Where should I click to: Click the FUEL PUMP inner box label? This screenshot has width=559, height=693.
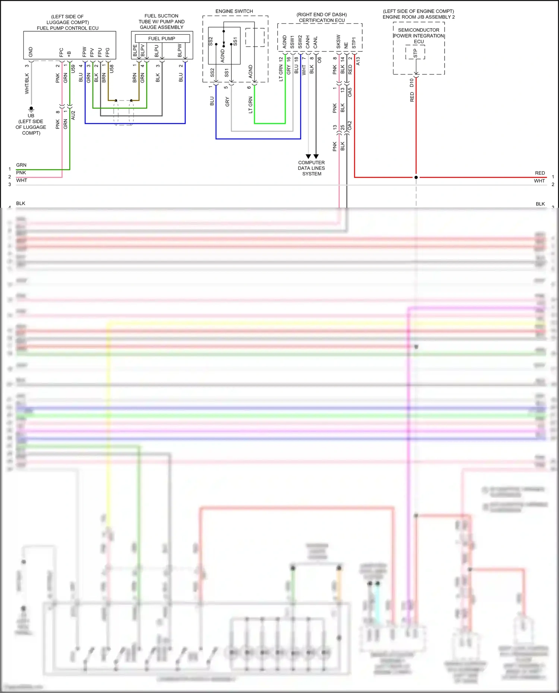pyautogui.click(x=161, y=38)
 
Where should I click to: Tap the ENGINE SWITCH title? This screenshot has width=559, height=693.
pyautogui.click(x=234, y=11)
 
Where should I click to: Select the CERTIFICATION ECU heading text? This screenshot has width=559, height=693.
pyautogui.click(x=322, y=20)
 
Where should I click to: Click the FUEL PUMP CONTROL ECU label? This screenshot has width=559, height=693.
pyautogui.click(x=67, y=28)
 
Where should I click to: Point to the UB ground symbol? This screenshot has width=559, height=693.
pyautogui.click(x=31, y=109)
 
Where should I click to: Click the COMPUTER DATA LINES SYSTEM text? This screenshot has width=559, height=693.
pyautogui.click(x=312, y=168)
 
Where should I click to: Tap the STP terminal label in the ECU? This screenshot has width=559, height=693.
pyautogui.click(x=415, y=53)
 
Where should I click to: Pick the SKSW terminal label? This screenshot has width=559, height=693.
pyautogui.click(x=338, y=41)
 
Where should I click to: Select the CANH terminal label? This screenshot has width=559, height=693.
pyautogui.click(x=308, y=42)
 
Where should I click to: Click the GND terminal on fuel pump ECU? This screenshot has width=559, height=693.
pyautogui.click(x=31, y=52)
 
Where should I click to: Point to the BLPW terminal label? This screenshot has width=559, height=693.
pyautogui.click(x=180, y=50)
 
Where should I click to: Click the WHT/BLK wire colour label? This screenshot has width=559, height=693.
pyautogui.click(x=27, y=83)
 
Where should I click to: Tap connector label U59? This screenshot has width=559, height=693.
pyautogui.click(x=73, y=69)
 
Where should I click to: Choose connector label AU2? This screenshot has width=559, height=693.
pyautogui.click(x=73, y=115)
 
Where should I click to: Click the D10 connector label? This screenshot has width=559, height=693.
pyautogui.click(x=412, y=83)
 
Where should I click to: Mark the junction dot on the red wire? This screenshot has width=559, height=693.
pyautogui.click(x=416, y=177)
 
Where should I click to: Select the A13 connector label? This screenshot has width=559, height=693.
pyautogui.click(x=358, y=61)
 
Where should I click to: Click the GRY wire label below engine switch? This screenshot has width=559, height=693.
pyautogui.click(x=227, y=102)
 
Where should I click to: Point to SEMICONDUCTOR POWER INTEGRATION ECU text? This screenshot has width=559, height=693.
pyautogui.click(x=419, y=36)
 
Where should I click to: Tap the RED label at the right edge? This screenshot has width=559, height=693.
pyautogui.click(x=540, y=173)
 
